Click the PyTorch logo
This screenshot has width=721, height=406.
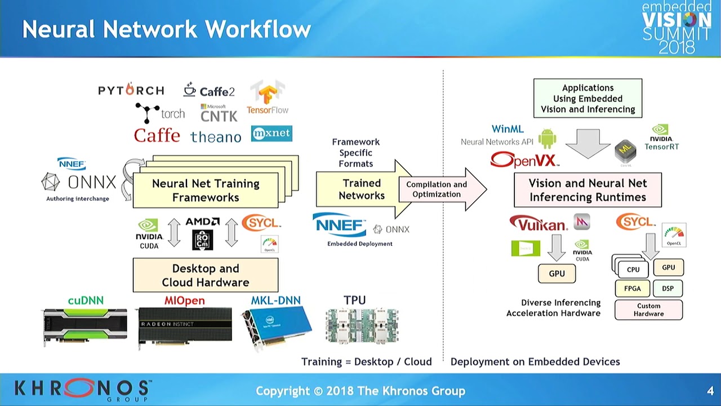pyautogui.click(x=131, y=90)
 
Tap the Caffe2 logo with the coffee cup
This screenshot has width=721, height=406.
pyautogui.click(x=209, y=90)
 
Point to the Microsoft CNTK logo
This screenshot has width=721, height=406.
pyautogui.click(x=219, y=113)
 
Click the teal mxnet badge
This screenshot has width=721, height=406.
pyautogui.click(x=272, y=134)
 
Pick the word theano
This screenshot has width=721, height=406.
pyautogui.click(x=215, y=136)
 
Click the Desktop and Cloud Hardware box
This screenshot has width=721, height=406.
pyautogui.click(x=206, y=275)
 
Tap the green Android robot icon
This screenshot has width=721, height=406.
pyautogui.click(x=547, y=139)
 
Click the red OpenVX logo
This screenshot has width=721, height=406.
pyautogui.click(x=524, y=160)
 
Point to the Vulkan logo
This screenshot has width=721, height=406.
pyautogui.click(x=538, y=224)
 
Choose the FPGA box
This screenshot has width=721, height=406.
pyautogui.click(x=633, y=289)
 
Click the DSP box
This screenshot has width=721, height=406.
pyautogui.click(x=668, y=288)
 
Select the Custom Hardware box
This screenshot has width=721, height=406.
pyautogui.click(x=648, y=310)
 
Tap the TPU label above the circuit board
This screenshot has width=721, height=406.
pyautogui.click(x=355, y=301)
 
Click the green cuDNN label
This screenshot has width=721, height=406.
pyautogui.click(x=86, y=301)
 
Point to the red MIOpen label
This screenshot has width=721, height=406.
pyautogui.click(x=184, y=301)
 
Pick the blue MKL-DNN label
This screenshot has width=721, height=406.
pyautogui.click(x=276, y=301)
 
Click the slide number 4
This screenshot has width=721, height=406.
pyautogui.click(x=710, y=391)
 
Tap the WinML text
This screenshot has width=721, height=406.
pyautogui.click(x=508, y=129)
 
